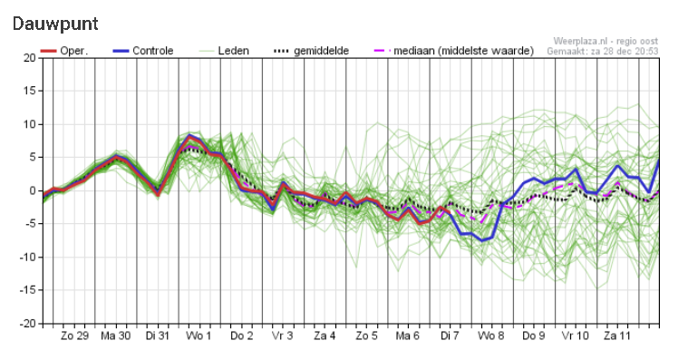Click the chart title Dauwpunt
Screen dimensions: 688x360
coord(55,24)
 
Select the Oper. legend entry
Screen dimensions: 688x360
coord(64,51)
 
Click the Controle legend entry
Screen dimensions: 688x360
coord(143,51)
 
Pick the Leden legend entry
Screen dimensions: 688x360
coord(223,51)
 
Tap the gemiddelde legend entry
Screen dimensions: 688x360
coord(311,51)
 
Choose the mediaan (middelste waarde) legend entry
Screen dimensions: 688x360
coord(454,51)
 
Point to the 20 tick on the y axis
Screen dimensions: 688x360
coord(30,58)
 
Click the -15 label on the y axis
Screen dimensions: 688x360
coord(27,290)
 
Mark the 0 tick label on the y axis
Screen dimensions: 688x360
coord(34,190)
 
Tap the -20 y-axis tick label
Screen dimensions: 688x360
coord(27,324)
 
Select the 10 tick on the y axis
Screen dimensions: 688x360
coord(30,124)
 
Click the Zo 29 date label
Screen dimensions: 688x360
coord(74,336)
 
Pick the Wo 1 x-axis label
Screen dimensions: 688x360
coord(199,336)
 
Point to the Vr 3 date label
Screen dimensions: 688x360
coord(282,336)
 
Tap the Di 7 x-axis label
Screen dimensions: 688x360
coord(450,336)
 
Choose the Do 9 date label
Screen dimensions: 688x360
coord(534,336)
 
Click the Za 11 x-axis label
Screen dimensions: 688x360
coord(617,336)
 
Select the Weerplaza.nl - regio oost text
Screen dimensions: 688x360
coord(606,42)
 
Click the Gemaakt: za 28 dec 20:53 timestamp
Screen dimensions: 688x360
coord(603,52)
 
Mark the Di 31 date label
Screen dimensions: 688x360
coord(158,336)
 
